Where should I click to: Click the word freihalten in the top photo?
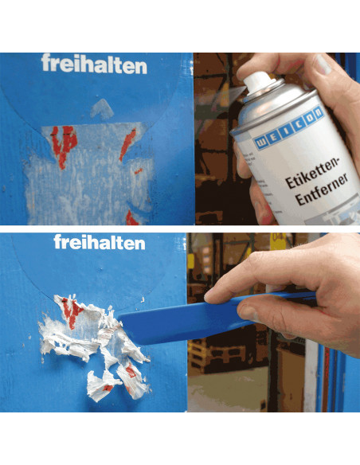94,64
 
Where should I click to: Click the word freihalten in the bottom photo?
100,242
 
